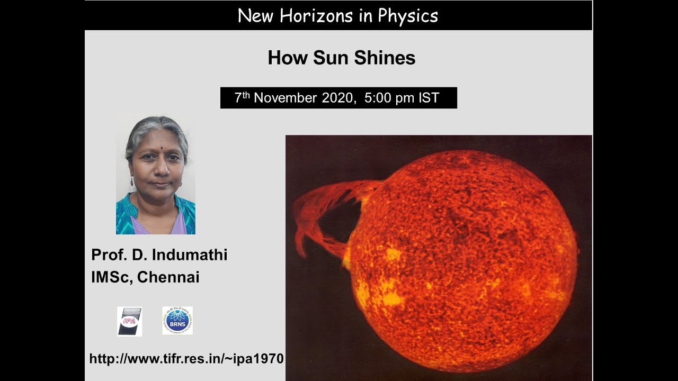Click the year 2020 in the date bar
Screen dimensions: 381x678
[336, 98]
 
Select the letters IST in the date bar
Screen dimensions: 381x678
[428, 98]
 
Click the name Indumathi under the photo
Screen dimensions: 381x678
[190, 255]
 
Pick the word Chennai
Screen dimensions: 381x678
[168, 277]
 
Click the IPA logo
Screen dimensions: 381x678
[129, 321]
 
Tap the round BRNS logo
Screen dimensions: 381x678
[177, 321]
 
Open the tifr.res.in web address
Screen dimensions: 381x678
[186, 359]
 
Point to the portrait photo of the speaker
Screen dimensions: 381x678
[156, 175]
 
